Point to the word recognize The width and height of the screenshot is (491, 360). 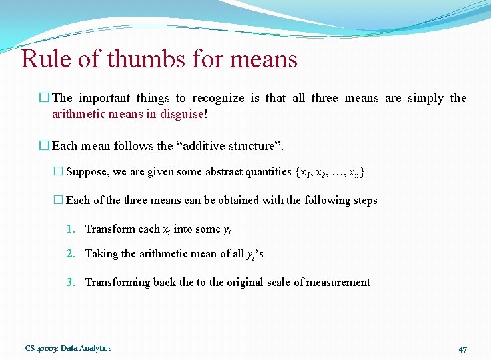(215, 98)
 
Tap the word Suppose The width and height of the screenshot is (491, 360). (87, 172)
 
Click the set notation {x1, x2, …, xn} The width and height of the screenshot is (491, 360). (329, 172)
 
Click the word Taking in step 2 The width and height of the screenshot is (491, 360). (101, 253)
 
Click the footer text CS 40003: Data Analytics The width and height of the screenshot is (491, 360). (68, 348)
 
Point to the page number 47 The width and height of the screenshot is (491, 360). (464, 349)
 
